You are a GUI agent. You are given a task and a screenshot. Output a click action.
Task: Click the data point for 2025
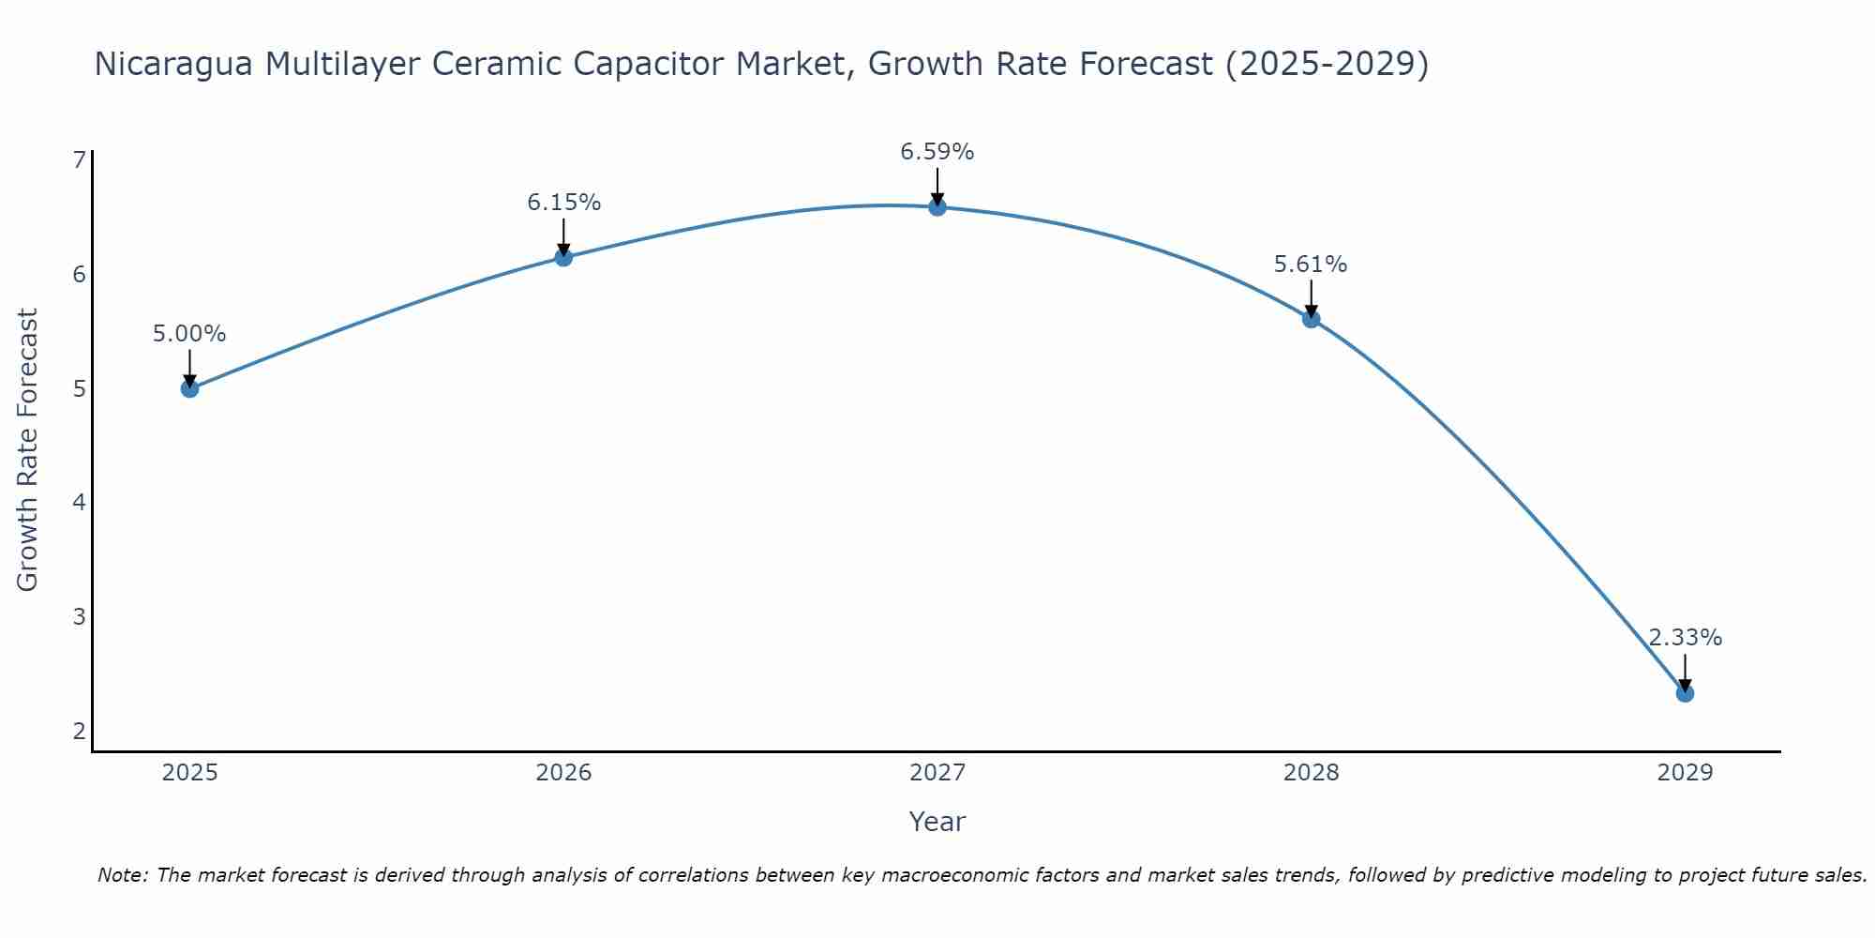(x=189, y=388)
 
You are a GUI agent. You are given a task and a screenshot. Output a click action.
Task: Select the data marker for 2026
(x=563, y=257)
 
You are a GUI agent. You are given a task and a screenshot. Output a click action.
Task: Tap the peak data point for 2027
(x=937, y=207)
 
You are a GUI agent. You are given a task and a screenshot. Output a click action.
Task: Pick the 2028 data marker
(x=1311, y=319)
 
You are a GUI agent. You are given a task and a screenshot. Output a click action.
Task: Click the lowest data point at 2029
(x=1685, y=693)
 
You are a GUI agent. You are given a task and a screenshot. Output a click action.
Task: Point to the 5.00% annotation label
(x=189, y=334)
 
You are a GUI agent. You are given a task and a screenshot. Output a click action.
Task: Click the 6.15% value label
(x=563, y=203)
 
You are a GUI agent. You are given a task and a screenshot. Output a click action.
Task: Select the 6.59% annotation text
(x=937, y=152)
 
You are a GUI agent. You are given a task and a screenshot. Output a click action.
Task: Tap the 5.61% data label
(x=1311, y=265)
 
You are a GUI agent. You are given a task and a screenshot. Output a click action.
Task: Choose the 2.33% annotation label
(x=1685, y=638)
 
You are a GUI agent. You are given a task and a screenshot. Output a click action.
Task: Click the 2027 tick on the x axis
(x=937, y=773)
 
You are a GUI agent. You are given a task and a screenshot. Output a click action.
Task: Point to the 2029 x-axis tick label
(x=1685, y=773)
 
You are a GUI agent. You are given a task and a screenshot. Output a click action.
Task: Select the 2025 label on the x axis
(x=189, y=773)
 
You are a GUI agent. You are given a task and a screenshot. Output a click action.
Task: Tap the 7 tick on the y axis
(x=79, y=160)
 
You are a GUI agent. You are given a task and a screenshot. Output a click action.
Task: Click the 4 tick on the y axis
(x=79, y=503)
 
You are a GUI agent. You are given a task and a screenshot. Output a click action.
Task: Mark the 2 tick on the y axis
(x=79, y=731)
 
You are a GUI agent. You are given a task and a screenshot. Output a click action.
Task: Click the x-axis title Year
(x=937, y=822)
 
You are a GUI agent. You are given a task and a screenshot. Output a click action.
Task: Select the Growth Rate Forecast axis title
(x=28, y=450)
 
